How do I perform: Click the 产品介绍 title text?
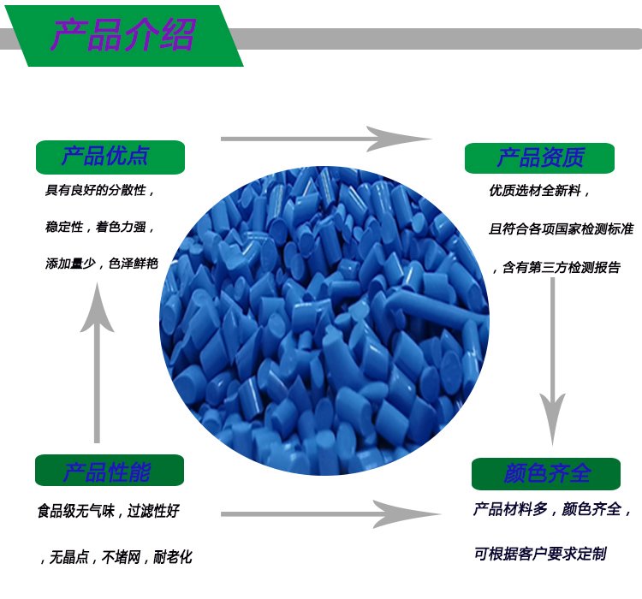click(x=122, y=35)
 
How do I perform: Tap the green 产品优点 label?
click(x=110, y=157)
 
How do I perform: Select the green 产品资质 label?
click(x=539, y=158)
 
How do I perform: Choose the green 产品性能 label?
click(x=110, y=471)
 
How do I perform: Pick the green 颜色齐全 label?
click(x=546, y=474)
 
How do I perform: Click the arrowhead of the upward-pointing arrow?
click(x=97, y=307)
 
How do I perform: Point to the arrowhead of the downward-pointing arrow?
click(x=552, y=419)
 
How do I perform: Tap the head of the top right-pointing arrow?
click(x=398, y=139)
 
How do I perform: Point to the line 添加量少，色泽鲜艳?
click(x=102, y=264)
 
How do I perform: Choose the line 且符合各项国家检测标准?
click(x=561, y=228)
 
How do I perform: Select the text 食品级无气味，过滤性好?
click(x=109, y=511)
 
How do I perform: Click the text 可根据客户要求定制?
click(x=540, y=554)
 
